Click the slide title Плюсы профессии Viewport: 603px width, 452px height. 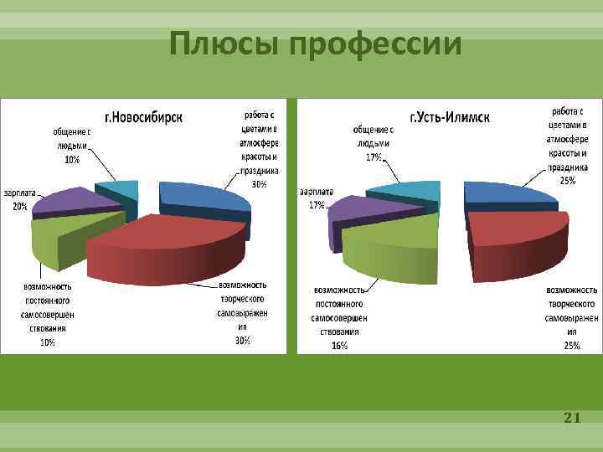tap(314, 44)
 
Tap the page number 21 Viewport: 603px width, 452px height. tap(572, 417)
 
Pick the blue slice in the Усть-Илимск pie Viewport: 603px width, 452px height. tap(507, 194)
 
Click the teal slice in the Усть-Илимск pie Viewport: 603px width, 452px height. tap(406, 191)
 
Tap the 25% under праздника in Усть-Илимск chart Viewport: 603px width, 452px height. tap(569, 180)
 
